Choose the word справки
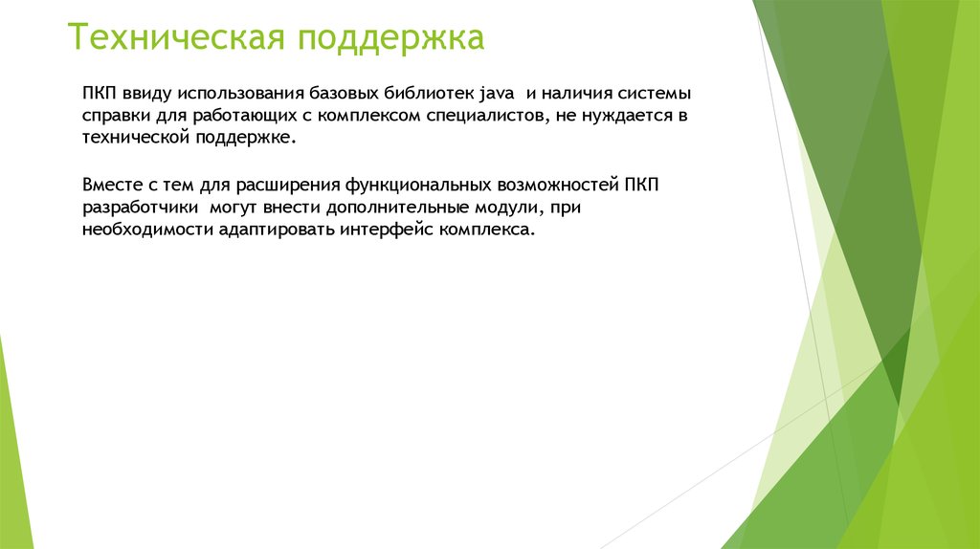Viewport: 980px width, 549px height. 113,117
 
